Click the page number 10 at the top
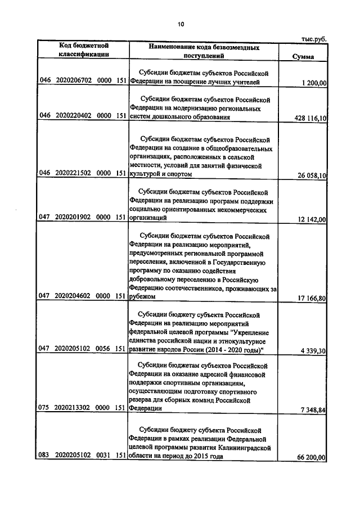pos(181,24)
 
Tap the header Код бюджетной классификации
pos(84,51)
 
